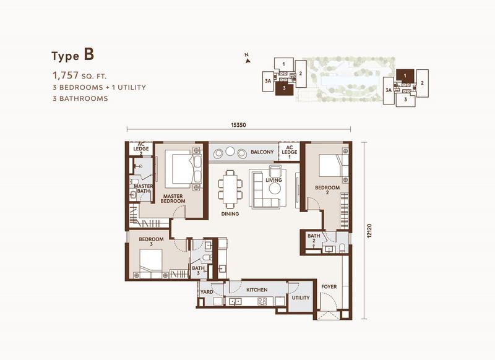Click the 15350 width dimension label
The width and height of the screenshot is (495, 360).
[x=238, y=125]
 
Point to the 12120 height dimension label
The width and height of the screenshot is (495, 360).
[x=370, y=231]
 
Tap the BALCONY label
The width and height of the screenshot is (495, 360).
[x=262, y=152]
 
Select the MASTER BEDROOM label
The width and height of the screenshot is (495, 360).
[x=173, y=199]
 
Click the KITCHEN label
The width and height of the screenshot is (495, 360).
[x=257, y=289]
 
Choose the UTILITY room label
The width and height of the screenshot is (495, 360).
[x=301, y=298]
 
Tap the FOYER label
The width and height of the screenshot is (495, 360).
[x=329, y=286]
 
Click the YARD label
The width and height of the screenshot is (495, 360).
[x=207, y=292]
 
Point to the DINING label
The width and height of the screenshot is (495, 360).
[x=230, y=213]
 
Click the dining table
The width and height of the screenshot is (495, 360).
[x=230, y=189]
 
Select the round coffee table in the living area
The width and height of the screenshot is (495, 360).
[x=275, y=189]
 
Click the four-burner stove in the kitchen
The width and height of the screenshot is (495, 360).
[x=262, y=301]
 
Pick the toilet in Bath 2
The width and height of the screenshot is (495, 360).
[x=342, y=247]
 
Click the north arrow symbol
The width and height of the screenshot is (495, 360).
[x=247, y=59]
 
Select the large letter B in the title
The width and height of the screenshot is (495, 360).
[x=89, y=54]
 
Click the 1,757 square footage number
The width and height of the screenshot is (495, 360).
[x=66, y=75]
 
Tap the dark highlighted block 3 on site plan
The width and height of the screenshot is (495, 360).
[x=285, y=88]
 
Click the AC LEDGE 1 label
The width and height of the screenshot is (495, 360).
[x=290, y=152]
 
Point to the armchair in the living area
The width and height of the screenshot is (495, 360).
[x=275, y=171]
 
